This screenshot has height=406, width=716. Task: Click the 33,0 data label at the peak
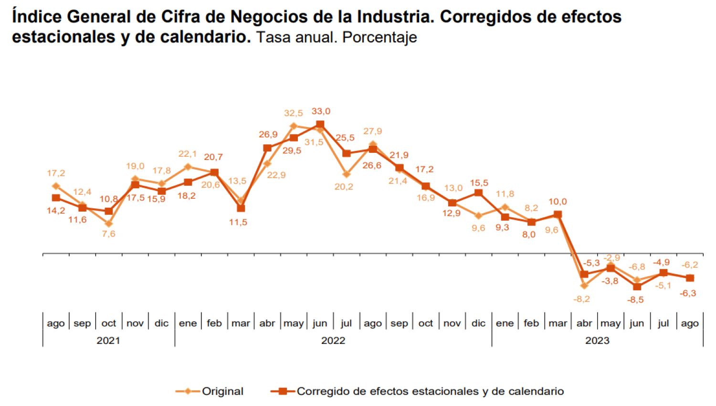tap(321, 111)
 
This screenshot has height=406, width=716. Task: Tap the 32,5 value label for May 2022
tap(293, 113)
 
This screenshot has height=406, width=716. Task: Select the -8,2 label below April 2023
tap(581, 299)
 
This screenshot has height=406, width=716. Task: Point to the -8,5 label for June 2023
tap(635, 300)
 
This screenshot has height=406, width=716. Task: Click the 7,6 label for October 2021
tap(108, 234)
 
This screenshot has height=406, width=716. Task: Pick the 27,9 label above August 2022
tap(372, 131)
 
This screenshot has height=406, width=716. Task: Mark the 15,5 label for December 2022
tap(479, 183)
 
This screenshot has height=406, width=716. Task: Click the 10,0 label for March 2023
tap(558, 202)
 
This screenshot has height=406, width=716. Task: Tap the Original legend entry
tap(222, 391)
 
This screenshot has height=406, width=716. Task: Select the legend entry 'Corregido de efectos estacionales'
tap(430, 391)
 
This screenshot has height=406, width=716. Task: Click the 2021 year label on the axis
tap(108, 341)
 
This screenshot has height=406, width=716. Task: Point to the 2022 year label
tap(333, 341)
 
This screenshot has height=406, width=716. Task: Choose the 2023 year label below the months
tap(597, 341)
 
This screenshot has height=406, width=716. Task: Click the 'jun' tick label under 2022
tap(320, 323)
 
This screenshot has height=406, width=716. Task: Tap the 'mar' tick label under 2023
tap(558, 323)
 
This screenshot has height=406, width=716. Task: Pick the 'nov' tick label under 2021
tap(135, 323)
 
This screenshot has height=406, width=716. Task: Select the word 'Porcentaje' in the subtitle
tap(379, 37)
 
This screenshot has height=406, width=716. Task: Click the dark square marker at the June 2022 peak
tap(320, 125)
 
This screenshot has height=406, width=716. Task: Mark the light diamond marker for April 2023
tap(584, 286)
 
